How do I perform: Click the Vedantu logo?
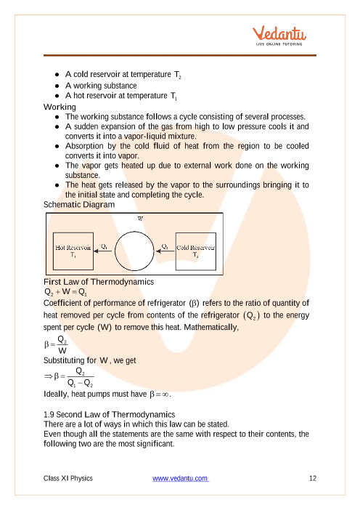pos(279,36)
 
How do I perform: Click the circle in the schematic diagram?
pos(134,232)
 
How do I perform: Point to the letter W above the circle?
pos(140,219)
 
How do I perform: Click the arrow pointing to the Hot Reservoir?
pos(102,251)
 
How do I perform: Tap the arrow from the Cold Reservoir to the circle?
pos(165,251)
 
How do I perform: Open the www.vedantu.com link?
pos(181,478)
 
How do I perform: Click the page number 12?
pos(313,478)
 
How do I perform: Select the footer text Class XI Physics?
pos(68,478)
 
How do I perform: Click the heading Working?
pos(60,107)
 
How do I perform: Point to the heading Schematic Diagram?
pos(79,205)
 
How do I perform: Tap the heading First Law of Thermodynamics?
pos(99,282)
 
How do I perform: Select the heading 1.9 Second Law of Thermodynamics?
pos(109,414)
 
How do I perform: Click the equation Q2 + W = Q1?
pos(65,292)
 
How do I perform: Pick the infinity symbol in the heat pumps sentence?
pos(165,394)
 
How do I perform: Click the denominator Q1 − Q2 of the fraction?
pos(81,383)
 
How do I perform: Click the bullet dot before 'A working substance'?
pos(57,86)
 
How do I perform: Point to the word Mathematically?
pos(211,327)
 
